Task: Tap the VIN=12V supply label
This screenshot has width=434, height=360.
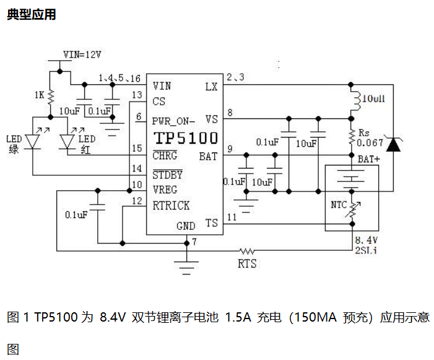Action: coord(82,54)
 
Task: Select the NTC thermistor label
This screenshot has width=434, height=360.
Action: coord(339,205)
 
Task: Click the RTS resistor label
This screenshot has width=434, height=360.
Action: coord(247,264)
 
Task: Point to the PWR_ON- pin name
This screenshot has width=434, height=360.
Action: coord(174,120)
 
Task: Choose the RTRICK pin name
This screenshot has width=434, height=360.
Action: coord(171,205)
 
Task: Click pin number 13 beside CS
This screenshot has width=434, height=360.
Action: coord(137,94)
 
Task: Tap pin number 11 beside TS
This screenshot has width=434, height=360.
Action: coord(232,217)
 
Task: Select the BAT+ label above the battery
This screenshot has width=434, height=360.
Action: coord(369,159)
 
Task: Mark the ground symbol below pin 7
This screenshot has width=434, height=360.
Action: coord(186,266)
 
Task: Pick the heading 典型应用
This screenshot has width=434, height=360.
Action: coord(32,14)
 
